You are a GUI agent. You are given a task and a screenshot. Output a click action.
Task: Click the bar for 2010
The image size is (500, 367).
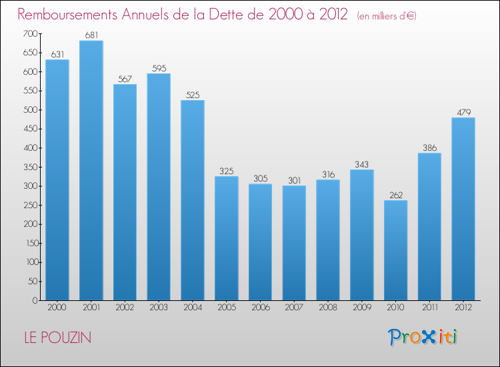pos(395,250)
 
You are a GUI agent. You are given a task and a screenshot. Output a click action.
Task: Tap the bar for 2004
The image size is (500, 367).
pos(193,200)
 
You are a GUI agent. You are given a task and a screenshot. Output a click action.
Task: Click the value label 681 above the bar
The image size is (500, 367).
pos(91,35)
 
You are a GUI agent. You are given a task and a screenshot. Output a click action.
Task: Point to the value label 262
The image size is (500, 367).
pos(395,195)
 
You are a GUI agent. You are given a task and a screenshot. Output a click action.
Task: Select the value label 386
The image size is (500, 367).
pos(429,147)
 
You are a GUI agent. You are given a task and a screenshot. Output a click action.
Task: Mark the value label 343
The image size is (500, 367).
pos(362,164)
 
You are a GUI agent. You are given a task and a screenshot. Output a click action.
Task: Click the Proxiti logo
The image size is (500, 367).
pos(423,337)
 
